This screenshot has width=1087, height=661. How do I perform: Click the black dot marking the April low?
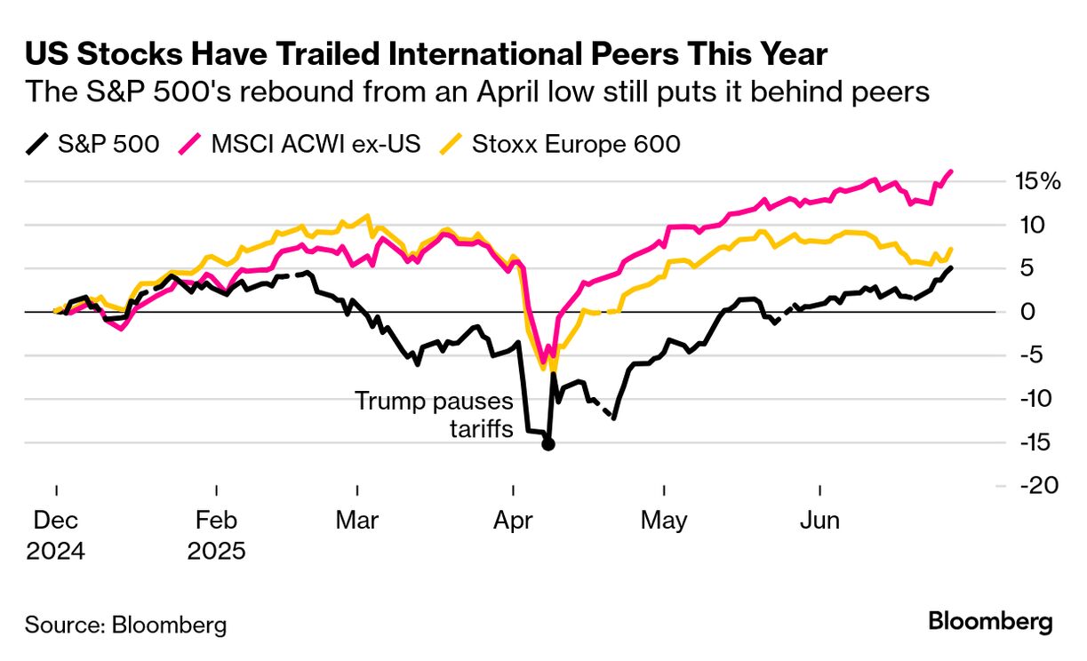[x=548, y=444]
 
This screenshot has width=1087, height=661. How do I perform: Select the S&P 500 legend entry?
[x=92, y=143]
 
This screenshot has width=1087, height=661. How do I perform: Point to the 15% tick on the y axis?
[x=1037, y=182]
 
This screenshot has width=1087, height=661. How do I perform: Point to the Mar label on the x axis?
[x=356, y=520]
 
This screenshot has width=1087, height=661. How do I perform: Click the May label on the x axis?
[x=664, y=520]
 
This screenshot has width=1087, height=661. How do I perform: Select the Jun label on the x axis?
[x=819, y=520]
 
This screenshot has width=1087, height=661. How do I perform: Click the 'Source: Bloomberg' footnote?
[x=125, y=624]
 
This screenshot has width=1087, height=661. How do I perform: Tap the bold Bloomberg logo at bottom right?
[x=990, y=622]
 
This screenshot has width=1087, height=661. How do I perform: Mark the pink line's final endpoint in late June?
[x=952, y=171]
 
